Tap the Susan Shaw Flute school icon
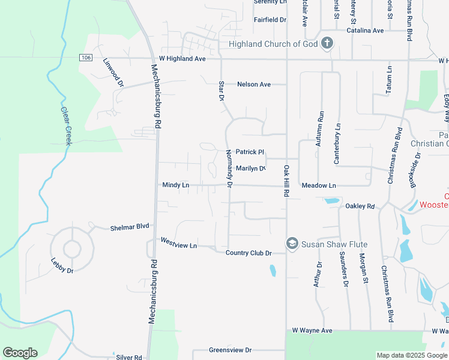(292, 244)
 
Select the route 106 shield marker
(85, 57)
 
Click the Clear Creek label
(65, 124)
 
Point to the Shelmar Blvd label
(129, 228)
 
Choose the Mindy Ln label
(176, 185)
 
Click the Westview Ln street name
(179, 243)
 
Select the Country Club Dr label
(249, 253)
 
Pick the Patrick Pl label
(250, 152)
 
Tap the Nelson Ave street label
(254, 85)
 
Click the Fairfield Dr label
(270, 20)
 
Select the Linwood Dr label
(113, 73)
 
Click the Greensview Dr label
(230, 350)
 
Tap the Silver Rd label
(129, 357)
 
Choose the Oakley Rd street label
(360, 206)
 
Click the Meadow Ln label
(319, 186)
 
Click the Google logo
(20, 353)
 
